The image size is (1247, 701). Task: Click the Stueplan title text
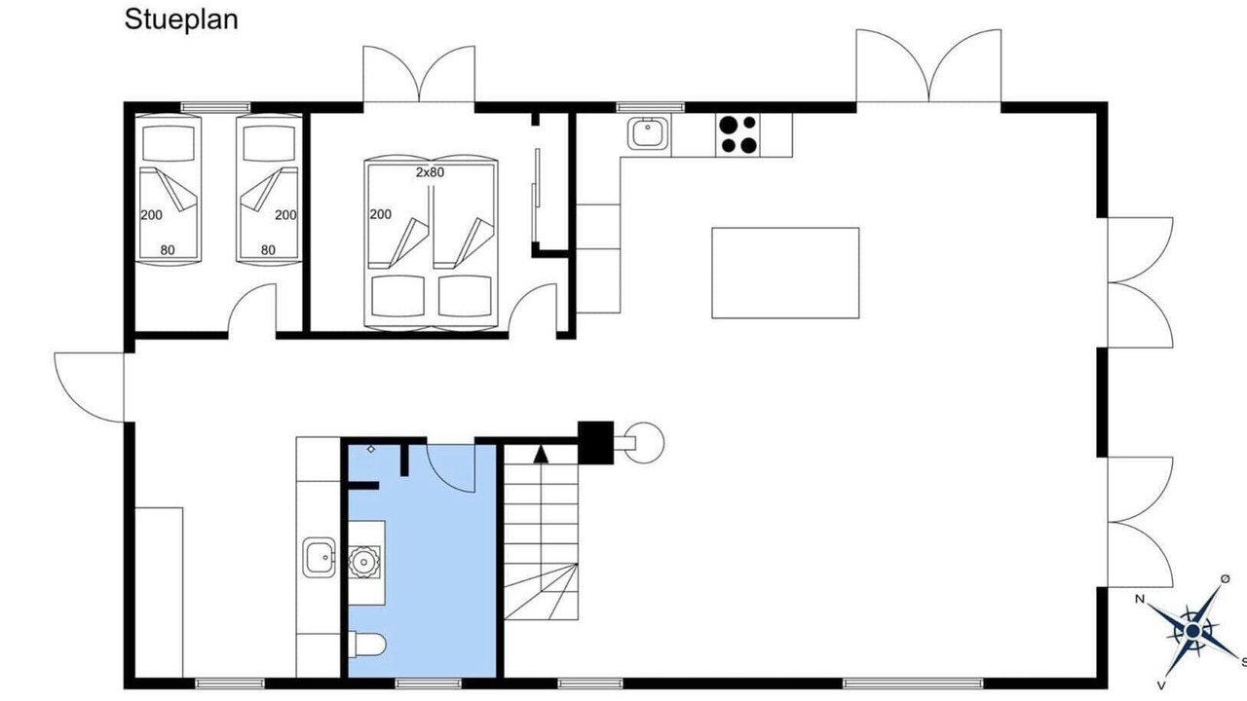181,20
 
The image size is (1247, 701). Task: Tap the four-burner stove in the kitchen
737,134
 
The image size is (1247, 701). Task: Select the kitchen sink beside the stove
648,133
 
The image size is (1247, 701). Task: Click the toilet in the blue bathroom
367,646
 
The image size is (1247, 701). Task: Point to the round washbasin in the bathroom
364,563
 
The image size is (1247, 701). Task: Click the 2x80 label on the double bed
430,172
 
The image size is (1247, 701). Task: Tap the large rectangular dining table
785,273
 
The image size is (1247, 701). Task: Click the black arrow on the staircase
541,454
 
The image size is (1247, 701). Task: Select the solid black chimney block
595,442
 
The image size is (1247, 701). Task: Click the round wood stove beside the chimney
644,443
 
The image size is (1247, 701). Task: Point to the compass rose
1192,632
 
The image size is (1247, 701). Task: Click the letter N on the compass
1140,599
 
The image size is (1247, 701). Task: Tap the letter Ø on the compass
1226,579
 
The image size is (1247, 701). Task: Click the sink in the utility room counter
319,557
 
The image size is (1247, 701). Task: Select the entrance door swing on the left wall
89,387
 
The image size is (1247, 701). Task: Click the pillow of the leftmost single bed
169,143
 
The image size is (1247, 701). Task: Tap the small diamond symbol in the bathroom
371,449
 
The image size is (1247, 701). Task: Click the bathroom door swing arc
450,468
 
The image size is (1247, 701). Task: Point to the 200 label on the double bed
380,214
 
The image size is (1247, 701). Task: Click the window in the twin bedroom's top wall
215,107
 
